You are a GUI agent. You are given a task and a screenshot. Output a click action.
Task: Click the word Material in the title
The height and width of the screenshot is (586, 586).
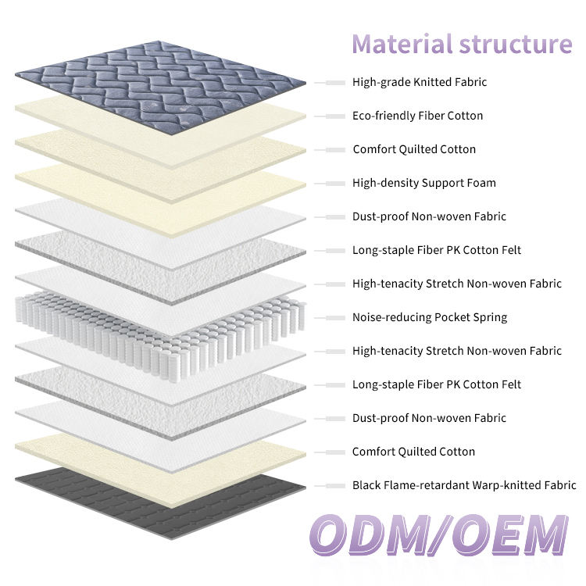(402, 44)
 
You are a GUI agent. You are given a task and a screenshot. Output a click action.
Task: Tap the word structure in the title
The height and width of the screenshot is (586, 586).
(516, 45)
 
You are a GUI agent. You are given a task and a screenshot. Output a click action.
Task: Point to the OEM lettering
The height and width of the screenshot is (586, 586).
(510, 535)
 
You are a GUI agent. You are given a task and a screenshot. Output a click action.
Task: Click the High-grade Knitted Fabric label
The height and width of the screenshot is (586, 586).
(420, 82)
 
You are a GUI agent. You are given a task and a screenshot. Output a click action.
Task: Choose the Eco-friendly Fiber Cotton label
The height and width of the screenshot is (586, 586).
(417, 116)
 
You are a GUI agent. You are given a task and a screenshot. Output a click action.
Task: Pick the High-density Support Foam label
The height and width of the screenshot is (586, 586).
(424, 183)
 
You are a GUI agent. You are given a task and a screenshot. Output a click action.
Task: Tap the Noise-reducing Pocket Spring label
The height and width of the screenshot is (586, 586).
(430, 318)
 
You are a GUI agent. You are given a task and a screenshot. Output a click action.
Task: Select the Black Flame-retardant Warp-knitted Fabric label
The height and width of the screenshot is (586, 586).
(464, 485)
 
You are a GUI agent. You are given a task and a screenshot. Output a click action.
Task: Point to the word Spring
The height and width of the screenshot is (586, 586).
(490, 318)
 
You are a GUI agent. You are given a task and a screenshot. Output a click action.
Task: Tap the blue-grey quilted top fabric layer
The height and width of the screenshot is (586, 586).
(161, 87)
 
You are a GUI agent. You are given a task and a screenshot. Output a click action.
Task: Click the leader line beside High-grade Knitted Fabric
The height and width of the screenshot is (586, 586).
(330, 83)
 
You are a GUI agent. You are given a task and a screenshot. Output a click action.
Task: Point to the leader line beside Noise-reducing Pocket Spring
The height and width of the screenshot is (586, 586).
(330, 318)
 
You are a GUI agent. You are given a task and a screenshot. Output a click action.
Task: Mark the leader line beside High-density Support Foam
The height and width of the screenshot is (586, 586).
(330, 184)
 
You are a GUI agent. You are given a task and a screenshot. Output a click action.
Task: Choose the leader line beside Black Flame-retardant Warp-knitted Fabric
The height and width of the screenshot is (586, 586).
(330, 486)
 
